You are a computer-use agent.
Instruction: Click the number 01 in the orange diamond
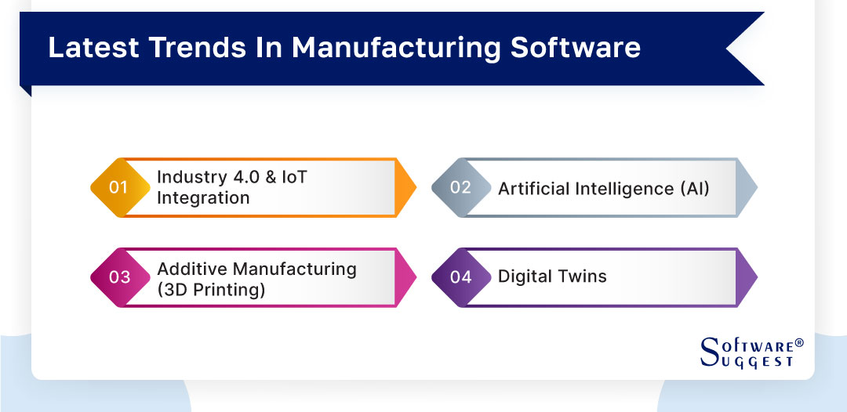118,188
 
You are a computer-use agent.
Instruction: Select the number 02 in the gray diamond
460,188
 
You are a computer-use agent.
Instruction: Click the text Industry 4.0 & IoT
232,178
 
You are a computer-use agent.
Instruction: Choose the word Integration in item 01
203,198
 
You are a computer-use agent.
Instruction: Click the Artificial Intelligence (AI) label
603,188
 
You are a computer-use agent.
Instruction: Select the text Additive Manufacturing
256,269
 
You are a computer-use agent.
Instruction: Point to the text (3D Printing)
211,289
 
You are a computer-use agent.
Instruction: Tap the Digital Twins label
552,276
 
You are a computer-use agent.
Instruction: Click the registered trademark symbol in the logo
799,343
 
